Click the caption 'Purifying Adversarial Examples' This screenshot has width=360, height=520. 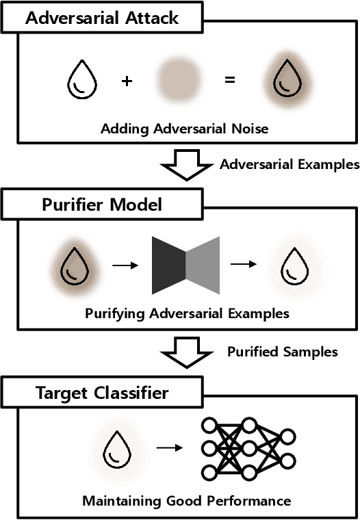pyautogui.click(x=187, y=314)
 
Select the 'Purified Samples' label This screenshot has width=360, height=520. pyautogui.click(x=282, y=352)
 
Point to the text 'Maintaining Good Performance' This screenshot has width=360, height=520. pyautogui.click(x=187, y=501)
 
